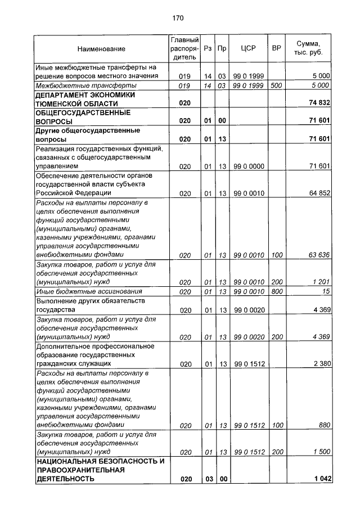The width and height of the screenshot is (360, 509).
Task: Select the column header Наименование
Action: click(x=101, y=49)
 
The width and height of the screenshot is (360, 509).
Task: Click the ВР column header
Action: click(x=276, y=48)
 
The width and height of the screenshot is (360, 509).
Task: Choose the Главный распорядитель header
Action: click(x=184, y=48)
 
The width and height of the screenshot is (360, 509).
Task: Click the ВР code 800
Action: click(x=276, y=291)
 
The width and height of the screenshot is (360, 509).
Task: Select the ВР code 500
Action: click(x=276, y=85)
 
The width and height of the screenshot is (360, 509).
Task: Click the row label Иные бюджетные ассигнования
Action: click(x=88, y=291)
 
